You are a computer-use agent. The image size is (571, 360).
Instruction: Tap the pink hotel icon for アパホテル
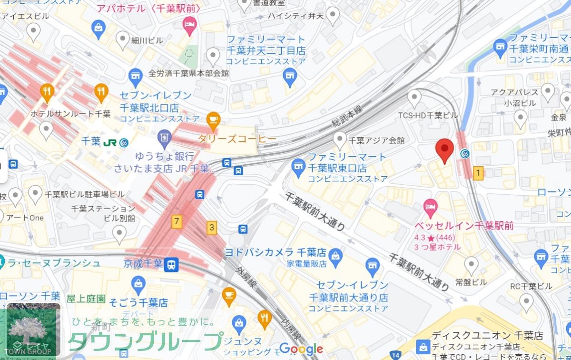[190, 25]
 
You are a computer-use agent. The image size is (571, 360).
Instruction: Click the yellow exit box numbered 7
[177, 221]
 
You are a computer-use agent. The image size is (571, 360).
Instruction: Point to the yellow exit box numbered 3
[211, 227]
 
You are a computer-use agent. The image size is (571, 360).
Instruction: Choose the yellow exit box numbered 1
[478, 173]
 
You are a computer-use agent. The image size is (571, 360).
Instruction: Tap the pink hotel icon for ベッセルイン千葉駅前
[430, 207]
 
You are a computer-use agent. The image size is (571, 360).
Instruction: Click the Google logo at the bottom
[301, 349]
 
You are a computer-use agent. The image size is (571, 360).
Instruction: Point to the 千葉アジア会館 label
[376, 140]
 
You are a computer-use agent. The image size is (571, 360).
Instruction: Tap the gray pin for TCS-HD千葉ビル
[415, 97]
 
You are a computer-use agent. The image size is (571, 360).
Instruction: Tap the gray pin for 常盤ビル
[471, 264]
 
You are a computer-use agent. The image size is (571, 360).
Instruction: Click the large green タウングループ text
[145, 341]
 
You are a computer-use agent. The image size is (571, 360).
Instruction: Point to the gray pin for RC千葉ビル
[526, 301]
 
